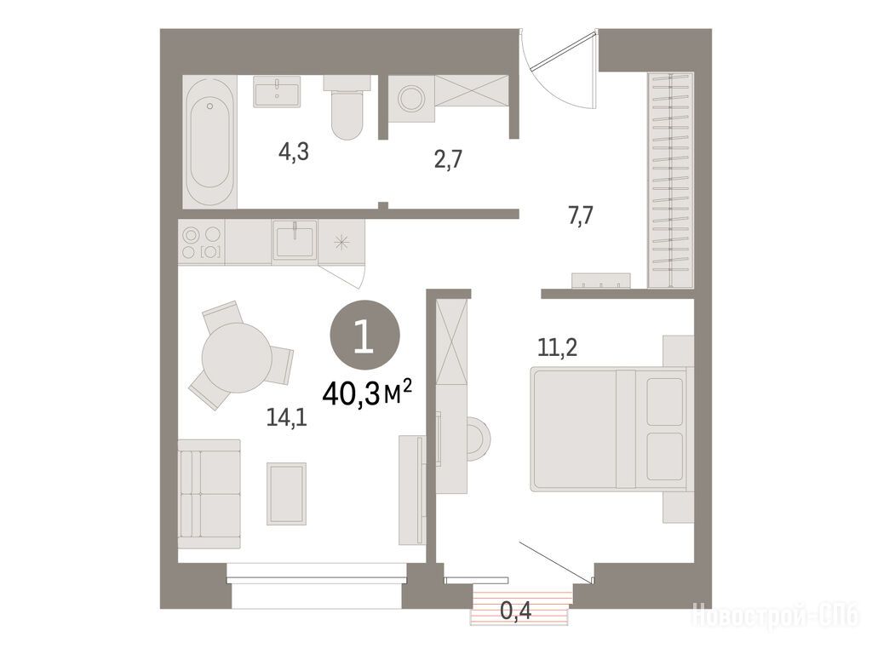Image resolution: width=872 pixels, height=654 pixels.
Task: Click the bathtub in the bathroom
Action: click(x=209, y=141)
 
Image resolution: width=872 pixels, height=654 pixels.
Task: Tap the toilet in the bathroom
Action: click(x=347, y=106)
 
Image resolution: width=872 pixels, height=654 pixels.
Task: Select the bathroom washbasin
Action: click(x=277, y=91)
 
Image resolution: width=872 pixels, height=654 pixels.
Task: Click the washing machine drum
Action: click(x=411, y=99)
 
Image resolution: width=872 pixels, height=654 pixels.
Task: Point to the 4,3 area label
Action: click(x=293, y=152)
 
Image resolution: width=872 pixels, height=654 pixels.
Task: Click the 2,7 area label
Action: click(x=448, y=159)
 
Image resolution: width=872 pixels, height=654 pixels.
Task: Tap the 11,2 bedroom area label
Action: click(x=557, y=347)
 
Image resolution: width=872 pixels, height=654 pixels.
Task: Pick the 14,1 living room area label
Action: click(x=286, y=417)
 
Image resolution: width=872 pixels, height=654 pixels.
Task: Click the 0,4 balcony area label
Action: click(x=516, y=611)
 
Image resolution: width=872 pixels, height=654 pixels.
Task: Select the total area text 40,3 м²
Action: click(x=367, y=393)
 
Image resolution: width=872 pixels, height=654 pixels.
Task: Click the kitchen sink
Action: click(x=294, y=239)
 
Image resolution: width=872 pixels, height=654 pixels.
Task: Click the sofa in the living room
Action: click(x=209, y=494)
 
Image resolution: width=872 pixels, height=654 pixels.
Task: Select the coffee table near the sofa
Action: click(x=286, y=493)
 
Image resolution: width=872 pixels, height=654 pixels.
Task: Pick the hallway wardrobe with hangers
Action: click(x=671, y=181)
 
